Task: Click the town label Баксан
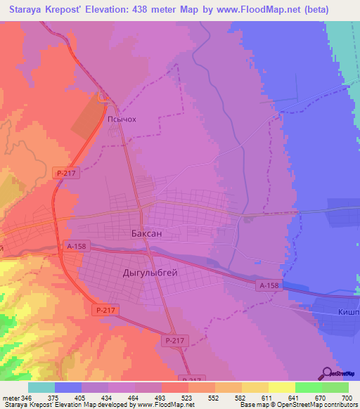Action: (150, 233)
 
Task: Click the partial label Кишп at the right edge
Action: (347, 312)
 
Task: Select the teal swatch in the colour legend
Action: (41, 387)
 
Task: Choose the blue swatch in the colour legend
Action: (68, 387)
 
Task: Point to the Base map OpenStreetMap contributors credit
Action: (302, 405)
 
